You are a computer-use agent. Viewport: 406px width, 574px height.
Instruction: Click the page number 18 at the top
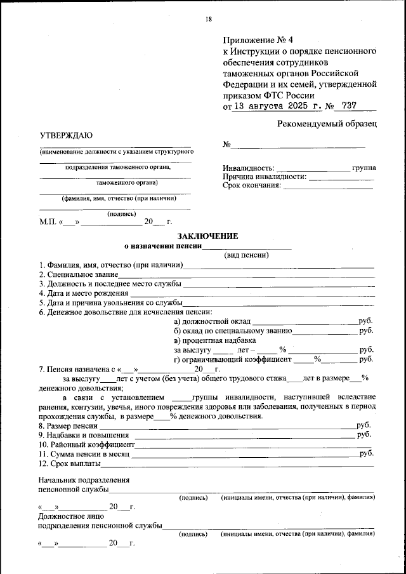207,19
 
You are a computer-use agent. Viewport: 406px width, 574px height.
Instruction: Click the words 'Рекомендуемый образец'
327,123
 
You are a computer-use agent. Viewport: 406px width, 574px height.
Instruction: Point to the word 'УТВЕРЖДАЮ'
66,135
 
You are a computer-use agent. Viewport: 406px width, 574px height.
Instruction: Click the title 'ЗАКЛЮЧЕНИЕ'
203,236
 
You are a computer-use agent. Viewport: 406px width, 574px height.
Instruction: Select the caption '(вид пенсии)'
247,255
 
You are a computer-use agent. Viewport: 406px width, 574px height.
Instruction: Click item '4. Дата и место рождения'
83,293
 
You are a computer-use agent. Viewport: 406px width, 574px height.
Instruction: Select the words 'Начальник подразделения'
84,480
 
